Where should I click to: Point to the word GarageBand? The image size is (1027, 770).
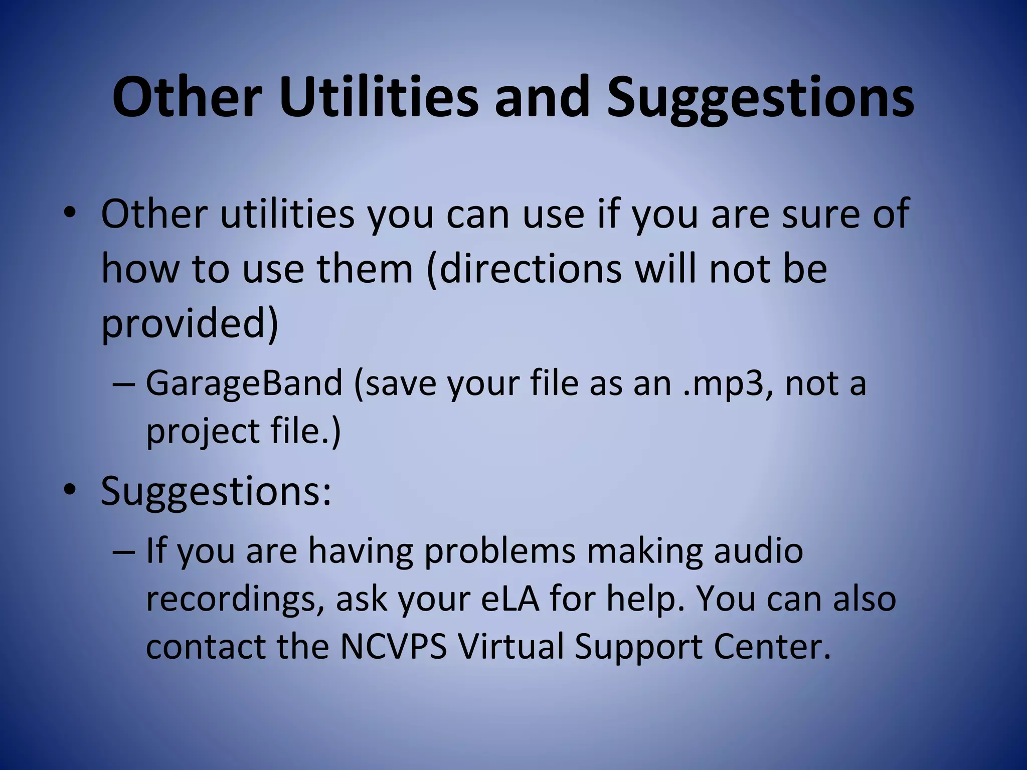click(244, 383)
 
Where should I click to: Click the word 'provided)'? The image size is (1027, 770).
click(190, 323)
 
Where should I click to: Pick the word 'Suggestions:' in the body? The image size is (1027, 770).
click(216, 491)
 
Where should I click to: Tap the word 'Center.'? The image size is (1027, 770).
click(772, 647)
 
